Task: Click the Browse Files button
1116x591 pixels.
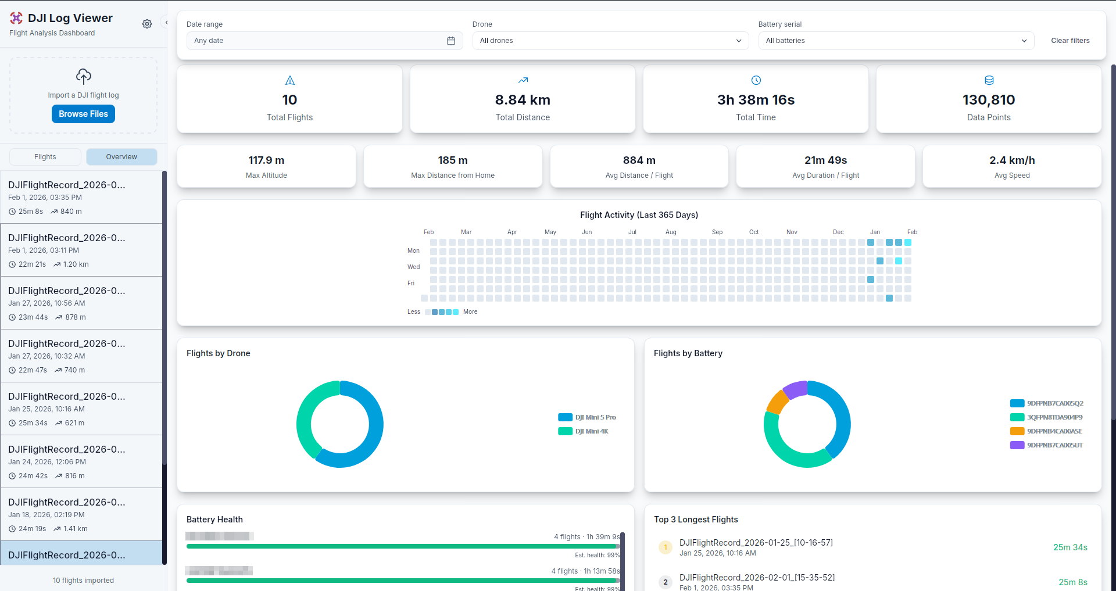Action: (83, 114)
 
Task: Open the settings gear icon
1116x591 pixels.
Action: (147, 24)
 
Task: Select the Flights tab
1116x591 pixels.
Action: (45, 157)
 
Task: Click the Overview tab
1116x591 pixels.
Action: (121, 157)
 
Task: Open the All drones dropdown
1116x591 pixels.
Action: (610, 41)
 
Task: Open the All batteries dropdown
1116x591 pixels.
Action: (896, 41)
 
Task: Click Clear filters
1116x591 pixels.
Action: (1069, 41)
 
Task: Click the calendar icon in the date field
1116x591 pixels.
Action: (450, 41)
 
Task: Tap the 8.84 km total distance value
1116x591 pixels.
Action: (522, 100)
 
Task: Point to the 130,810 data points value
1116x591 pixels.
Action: (988, 100)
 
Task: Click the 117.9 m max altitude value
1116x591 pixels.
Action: (266, 160)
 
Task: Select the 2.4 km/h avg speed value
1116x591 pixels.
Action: (1011, 160)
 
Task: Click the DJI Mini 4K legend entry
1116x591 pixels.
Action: (591, 431)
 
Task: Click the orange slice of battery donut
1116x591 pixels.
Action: (777, 401)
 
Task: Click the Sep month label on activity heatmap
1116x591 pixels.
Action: (717, 232)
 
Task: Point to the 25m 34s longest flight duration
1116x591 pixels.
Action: (1069, 547)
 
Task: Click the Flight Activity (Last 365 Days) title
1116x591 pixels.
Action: (639, 215)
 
